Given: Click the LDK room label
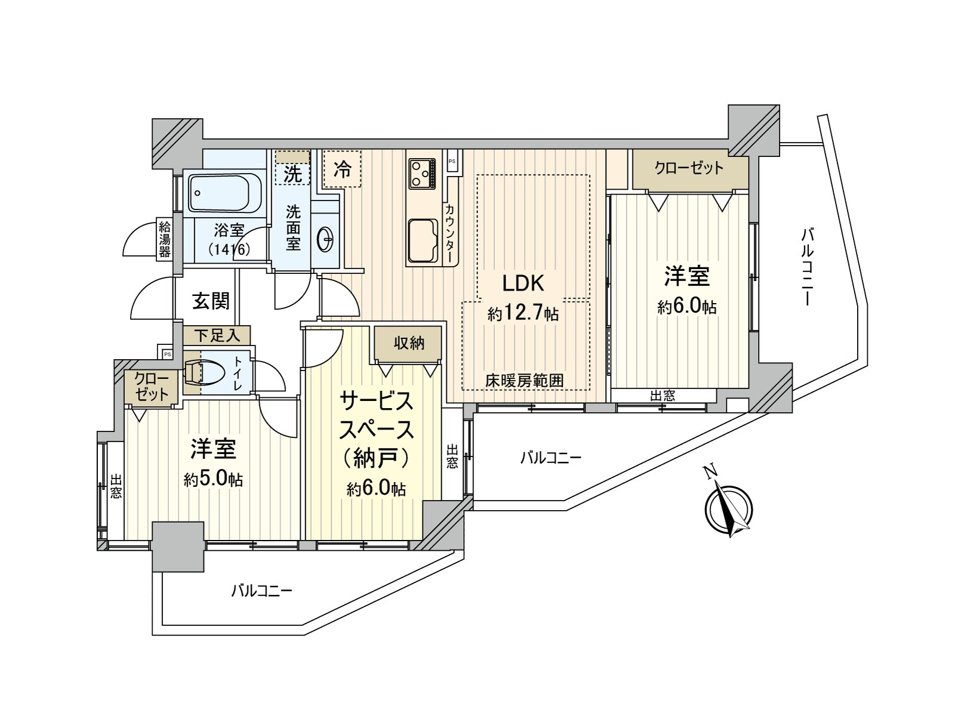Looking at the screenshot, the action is coord(523,283).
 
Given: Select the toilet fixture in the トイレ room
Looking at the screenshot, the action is coord(204,373).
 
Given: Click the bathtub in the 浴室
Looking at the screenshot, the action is coord(224,193).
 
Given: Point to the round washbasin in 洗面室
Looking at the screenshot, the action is coord(326,239).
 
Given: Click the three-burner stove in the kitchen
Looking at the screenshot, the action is coord(422,174).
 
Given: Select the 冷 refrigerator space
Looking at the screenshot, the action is coord(343,169).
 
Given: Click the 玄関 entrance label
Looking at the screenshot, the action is coord(211,301).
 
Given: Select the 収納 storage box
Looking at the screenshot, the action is coord(408,344).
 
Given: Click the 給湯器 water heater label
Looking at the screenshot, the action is coord(165,239).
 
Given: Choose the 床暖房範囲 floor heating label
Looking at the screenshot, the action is coord(524,381).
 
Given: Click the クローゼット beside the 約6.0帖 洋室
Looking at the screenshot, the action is coord(689,169).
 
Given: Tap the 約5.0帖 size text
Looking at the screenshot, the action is coord(213,479).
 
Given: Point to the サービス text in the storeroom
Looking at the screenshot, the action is coord(377,401).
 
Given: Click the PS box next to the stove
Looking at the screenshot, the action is coord(452,162).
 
